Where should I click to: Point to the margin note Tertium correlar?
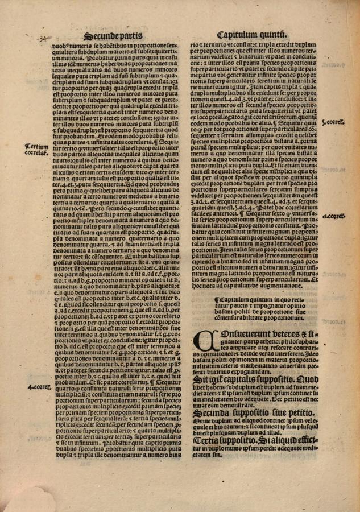point(36,149)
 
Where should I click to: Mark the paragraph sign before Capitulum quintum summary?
point(214,296)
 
